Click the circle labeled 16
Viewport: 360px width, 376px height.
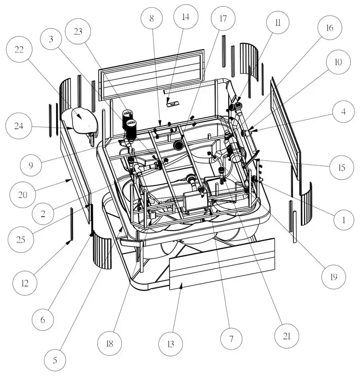[329, 28]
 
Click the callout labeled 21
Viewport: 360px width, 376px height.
[287, 336]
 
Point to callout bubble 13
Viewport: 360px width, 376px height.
[171, 345]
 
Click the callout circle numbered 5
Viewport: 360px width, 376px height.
[55, 360]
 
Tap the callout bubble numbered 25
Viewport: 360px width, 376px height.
[21, 239]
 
